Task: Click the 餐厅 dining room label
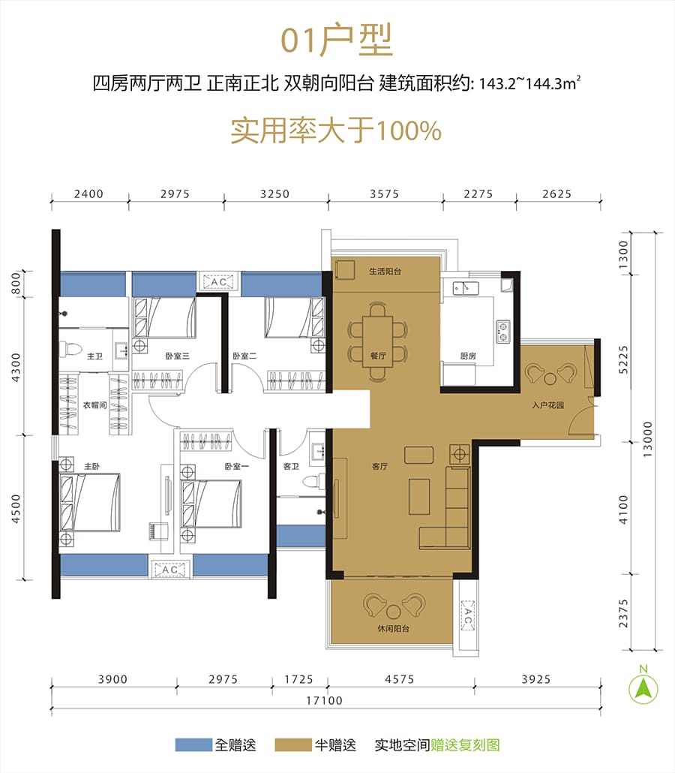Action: pos(378,356)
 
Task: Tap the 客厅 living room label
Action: pos(379,466)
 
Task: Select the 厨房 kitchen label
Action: pos(468,356)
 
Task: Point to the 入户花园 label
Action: pos(548,405)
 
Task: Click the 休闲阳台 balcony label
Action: pos(393,629)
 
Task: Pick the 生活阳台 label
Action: pos(385,271)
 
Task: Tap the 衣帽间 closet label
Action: pos(95,405)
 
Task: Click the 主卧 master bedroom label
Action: pos(92,466)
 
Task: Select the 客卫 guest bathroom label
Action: pos(291,466)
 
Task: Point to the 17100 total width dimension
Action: pos(324,700)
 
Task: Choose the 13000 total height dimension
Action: pos(647,439)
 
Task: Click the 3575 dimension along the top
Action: pos(384,194)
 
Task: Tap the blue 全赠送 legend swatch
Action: pos(193,744)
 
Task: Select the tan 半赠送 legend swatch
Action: pos(293,744)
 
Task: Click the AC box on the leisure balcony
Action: pos(467,615)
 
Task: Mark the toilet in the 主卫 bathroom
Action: pos(70,349)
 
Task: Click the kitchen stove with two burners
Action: pos(503,331)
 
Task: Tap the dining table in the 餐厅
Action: pos(378,341)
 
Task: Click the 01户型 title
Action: pos(337,40)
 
